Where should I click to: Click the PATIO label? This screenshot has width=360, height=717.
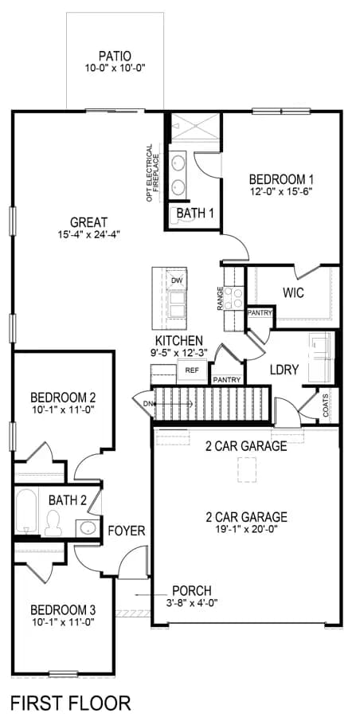point(115,57)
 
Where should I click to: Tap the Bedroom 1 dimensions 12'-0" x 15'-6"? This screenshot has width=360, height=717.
point(281,190)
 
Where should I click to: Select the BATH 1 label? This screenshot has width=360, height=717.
point(193,213)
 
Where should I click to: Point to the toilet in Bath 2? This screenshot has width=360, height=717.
point(53,523)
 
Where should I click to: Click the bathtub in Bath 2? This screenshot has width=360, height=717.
point(26,511)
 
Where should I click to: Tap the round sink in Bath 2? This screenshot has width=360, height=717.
point(87,527)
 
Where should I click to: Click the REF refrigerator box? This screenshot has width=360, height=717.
point(191,370)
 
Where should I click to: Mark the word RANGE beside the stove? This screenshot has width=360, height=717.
point(221,299)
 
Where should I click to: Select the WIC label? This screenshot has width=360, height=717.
point(293,292)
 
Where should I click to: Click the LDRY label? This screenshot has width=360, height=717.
point(284,370)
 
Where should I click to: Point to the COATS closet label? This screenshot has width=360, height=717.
point(325,406)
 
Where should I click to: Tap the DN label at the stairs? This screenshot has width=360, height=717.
point(147,404)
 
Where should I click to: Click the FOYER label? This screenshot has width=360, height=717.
point(127,531)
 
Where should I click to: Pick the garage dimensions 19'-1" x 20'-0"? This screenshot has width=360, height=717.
point(247,529)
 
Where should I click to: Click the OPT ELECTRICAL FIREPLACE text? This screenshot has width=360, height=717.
point(153,174)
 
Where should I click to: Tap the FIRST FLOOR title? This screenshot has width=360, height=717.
point(70,702)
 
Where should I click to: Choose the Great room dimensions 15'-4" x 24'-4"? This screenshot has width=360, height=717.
point(88,234)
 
